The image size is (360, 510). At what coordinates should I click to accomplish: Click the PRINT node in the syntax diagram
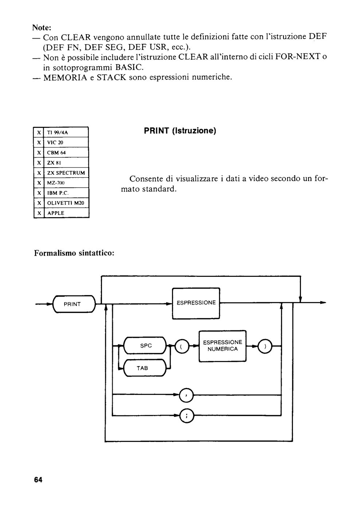pos(74,304)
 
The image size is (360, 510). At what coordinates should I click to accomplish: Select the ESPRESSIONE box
pos(196,303)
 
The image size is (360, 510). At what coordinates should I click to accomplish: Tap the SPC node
pos(145,345)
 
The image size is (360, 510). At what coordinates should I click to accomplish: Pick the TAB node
pos(145,368)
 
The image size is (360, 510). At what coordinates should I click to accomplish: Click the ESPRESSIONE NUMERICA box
pos(223,346)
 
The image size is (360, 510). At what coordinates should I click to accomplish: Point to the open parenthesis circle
pos(182,346)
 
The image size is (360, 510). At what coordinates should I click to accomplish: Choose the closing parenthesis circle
pos(265,346)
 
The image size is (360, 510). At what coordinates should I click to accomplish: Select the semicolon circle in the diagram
pos(187,416)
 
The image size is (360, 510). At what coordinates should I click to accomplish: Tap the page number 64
pos(38,480)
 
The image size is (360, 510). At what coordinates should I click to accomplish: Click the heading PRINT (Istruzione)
pos(180,131)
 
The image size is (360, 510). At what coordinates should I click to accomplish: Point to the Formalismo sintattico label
pos(74,253)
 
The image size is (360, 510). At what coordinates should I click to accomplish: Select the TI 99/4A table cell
pos(66,132)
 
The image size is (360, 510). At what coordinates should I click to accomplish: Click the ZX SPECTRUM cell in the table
pos(66,173)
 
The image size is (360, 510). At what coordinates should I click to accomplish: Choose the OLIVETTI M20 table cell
pos(66,203)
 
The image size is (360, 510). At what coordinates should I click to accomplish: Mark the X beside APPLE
pos(39,213)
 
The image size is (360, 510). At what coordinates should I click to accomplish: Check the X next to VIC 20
pos(39,142)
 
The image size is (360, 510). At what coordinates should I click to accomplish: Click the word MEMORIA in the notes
pos(65,78)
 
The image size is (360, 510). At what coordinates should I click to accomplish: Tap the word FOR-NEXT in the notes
pos(297,56)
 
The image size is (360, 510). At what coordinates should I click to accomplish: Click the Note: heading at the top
pos(42,28)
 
